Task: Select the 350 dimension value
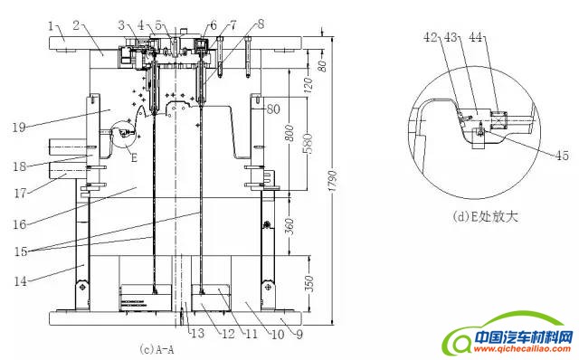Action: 310,283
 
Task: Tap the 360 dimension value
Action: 290,226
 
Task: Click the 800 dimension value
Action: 290,133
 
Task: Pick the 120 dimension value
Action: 308,84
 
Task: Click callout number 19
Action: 19,128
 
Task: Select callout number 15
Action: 21,251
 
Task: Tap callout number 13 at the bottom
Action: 197,334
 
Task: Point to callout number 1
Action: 51,26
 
